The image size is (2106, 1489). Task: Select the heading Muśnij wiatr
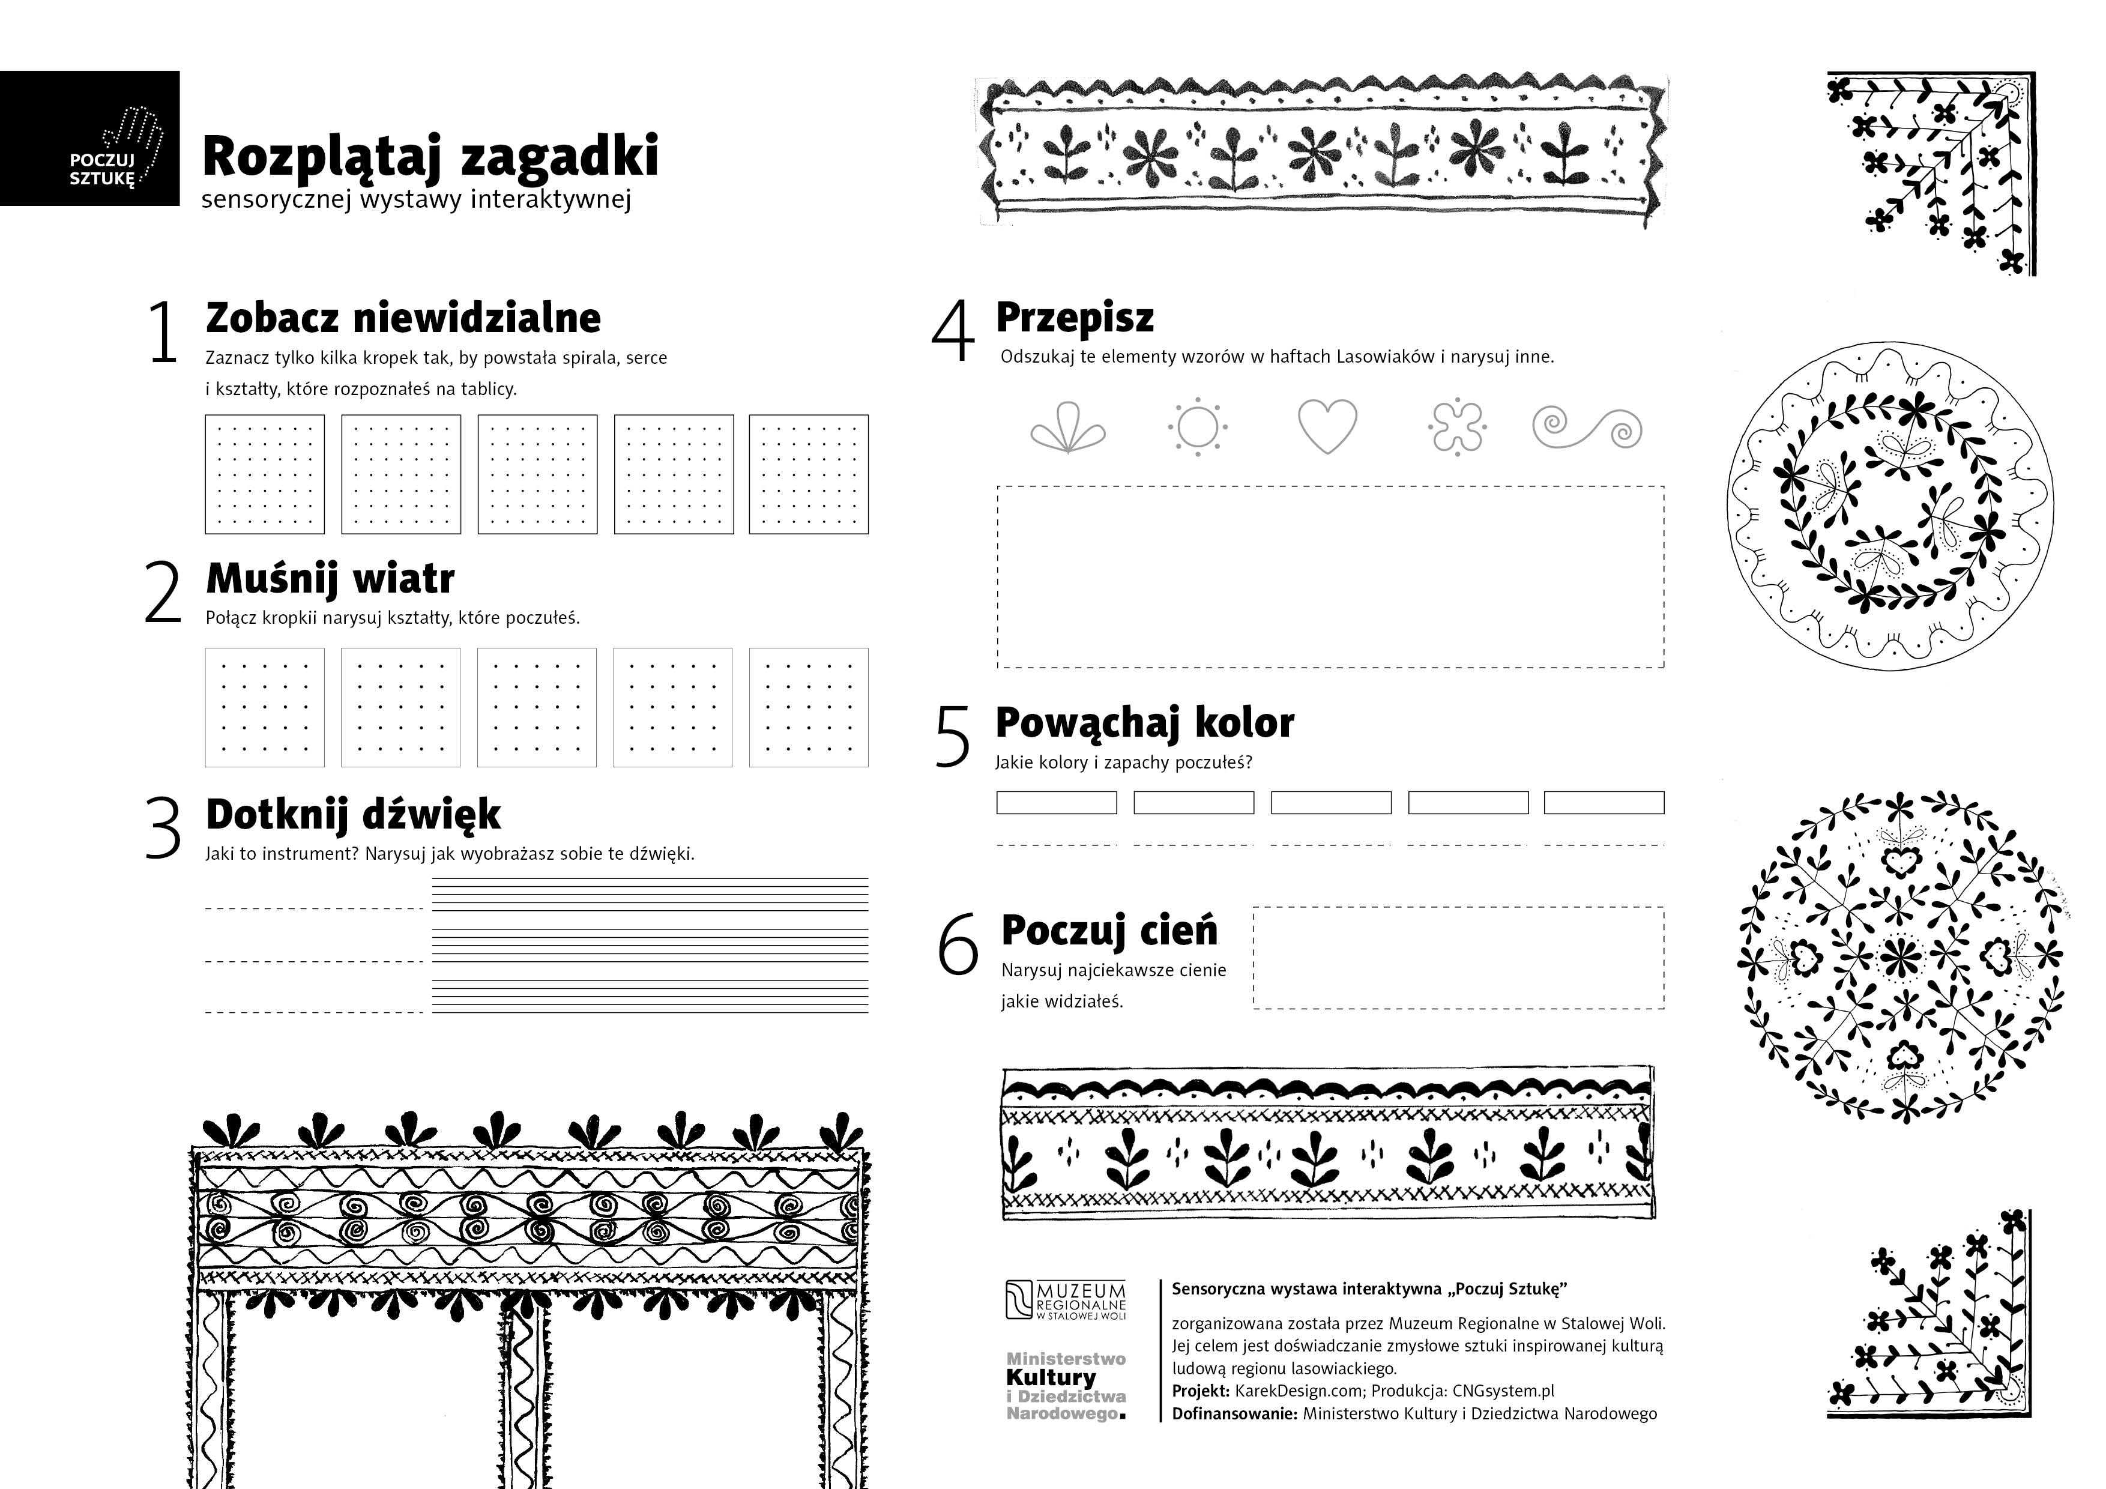[x=330, y=578]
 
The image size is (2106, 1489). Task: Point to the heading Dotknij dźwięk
[x=352, y=814]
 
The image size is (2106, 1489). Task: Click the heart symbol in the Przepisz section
[x=1327, y=426]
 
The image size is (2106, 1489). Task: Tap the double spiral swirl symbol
[x=1587, y=427]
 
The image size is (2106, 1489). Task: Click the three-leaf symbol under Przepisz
[x=1067, y=427]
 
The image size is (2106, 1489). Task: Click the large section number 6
[x=958, y=945]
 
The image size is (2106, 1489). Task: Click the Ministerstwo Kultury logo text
[x=1066, y=1385]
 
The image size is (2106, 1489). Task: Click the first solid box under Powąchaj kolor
[x=1056, y=803]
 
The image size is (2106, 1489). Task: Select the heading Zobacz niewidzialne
[x=403, y=318]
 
